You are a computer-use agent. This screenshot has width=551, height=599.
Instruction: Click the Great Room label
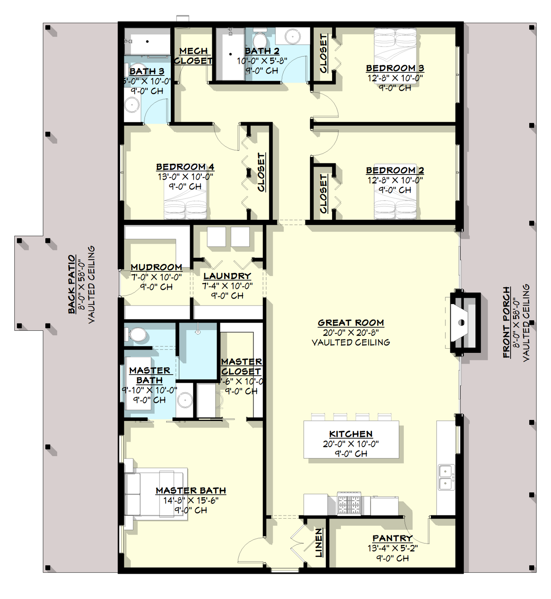coord(350,323)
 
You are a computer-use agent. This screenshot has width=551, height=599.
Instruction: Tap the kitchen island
coord(351,439)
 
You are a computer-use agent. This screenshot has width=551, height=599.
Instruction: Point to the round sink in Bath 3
coord(132,104)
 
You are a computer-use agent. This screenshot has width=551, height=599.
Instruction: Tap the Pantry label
coord(392,538)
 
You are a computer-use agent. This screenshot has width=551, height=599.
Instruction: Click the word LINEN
coord(319,543)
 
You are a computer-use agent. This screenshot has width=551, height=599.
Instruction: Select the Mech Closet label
coord(193,56)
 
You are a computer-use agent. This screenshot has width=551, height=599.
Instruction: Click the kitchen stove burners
coord(349,505)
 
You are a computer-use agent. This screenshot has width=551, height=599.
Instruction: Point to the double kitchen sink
coord(445,477)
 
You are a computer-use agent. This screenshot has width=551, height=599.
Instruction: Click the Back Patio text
coord(72,284)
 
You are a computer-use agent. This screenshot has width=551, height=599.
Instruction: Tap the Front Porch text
coord(506,322)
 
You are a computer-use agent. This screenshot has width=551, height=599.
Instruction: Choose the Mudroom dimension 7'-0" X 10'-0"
coord(156,277)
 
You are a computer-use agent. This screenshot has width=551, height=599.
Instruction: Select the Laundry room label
coord(227,276)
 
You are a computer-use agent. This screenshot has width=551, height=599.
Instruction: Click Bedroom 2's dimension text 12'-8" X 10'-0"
coord(395,180)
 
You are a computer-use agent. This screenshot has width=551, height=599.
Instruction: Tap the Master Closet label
coord(241,366)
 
